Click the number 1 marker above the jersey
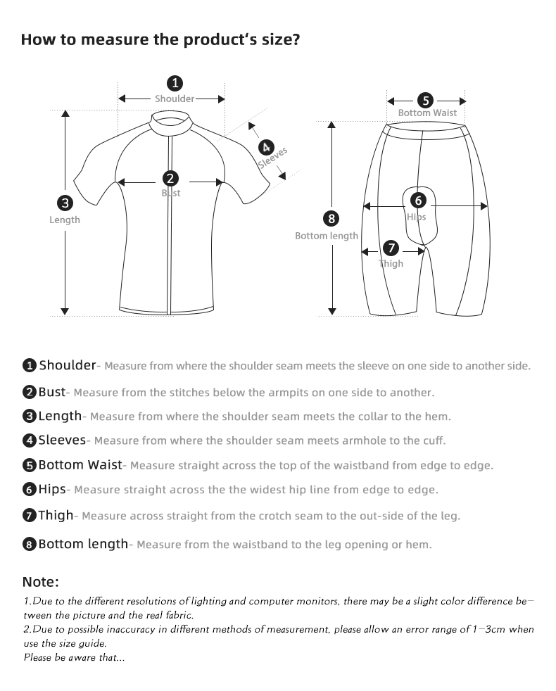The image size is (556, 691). [x=175, y=83]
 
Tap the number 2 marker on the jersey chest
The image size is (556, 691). [x=170, y=179]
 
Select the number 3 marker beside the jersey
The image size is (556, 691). [x=65, y=203]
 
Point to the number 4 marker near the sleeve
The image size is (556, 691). [x=266, y=147]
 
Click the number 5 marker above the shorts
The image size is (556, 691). [x=426, y=100]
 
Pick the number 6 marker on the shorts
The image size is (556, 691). [x=418, y=201]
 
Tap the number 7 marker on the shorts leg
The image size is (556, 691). [x=391, y=248]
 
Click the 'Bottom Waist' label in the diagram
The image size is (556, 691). [x=427, y=113]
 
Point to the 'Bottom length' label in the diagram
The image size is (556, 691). [x=327, y=236]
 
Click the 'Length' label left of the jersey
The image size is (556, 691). [x=65, y=220]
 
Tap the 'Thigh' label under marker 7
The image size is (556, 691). [x=391, y=264]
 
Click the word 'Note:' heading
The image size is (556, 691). [x=41, y=582]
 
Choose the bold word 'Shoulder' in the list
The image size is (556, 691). [x=67, y=364]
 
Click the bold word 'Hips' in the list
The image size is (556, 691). [x=52, y=488]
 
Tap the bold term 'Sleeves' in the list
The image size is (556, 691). [x=62, y=440]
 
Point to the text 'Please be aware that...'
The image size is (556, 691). [x=74, y=658]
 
